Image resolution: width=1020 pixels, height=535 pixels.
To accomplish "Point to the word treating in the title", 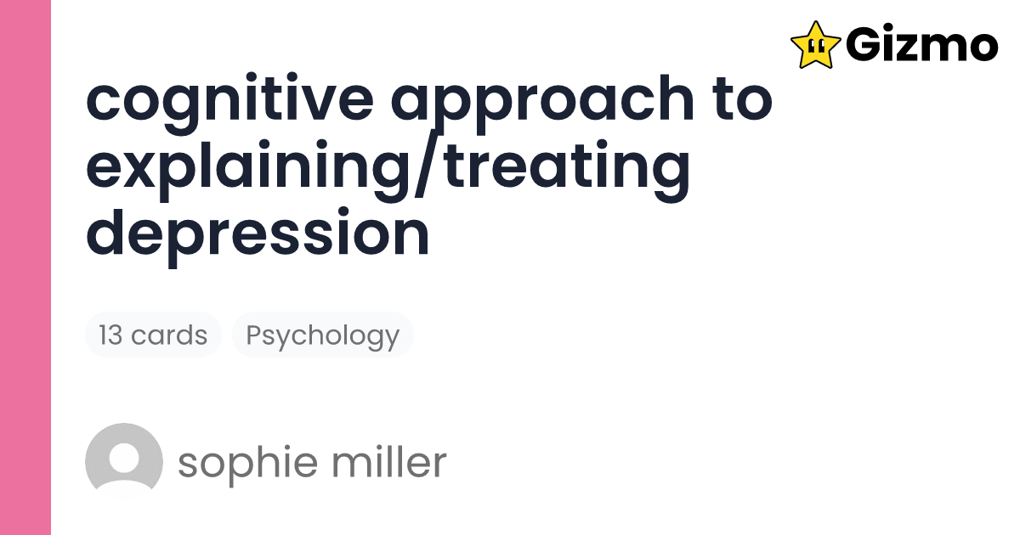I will (x=569, y=166).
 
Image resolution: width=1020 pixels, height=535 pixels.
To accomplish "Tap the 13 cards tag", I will (x=153, y=335).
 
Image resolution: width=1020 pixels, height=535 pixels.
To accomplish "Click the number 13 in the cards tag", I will (x=111, y=335).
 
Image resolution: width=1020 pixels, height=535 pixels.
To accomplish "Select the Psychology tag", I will (x=322, y=335).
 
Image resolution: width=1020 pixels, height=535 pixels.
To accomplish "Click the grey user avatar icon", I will (x=124, y=462).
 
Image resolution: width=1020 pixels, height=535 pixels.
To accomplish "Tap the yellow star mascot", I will (x=815, y=44).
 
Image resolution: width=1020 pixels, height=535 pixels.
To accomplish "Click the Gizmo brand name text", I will (x=921, y=44).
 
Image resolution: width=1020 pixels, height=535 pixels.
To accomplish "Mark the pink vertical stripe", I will (x=25, y=267).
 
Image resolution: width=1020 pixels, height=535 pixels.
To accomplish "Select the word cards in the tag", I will (x=169, y=335).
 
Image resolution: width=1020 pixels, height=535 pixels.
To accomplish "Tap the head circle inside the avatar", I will (x=124, y=456).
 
